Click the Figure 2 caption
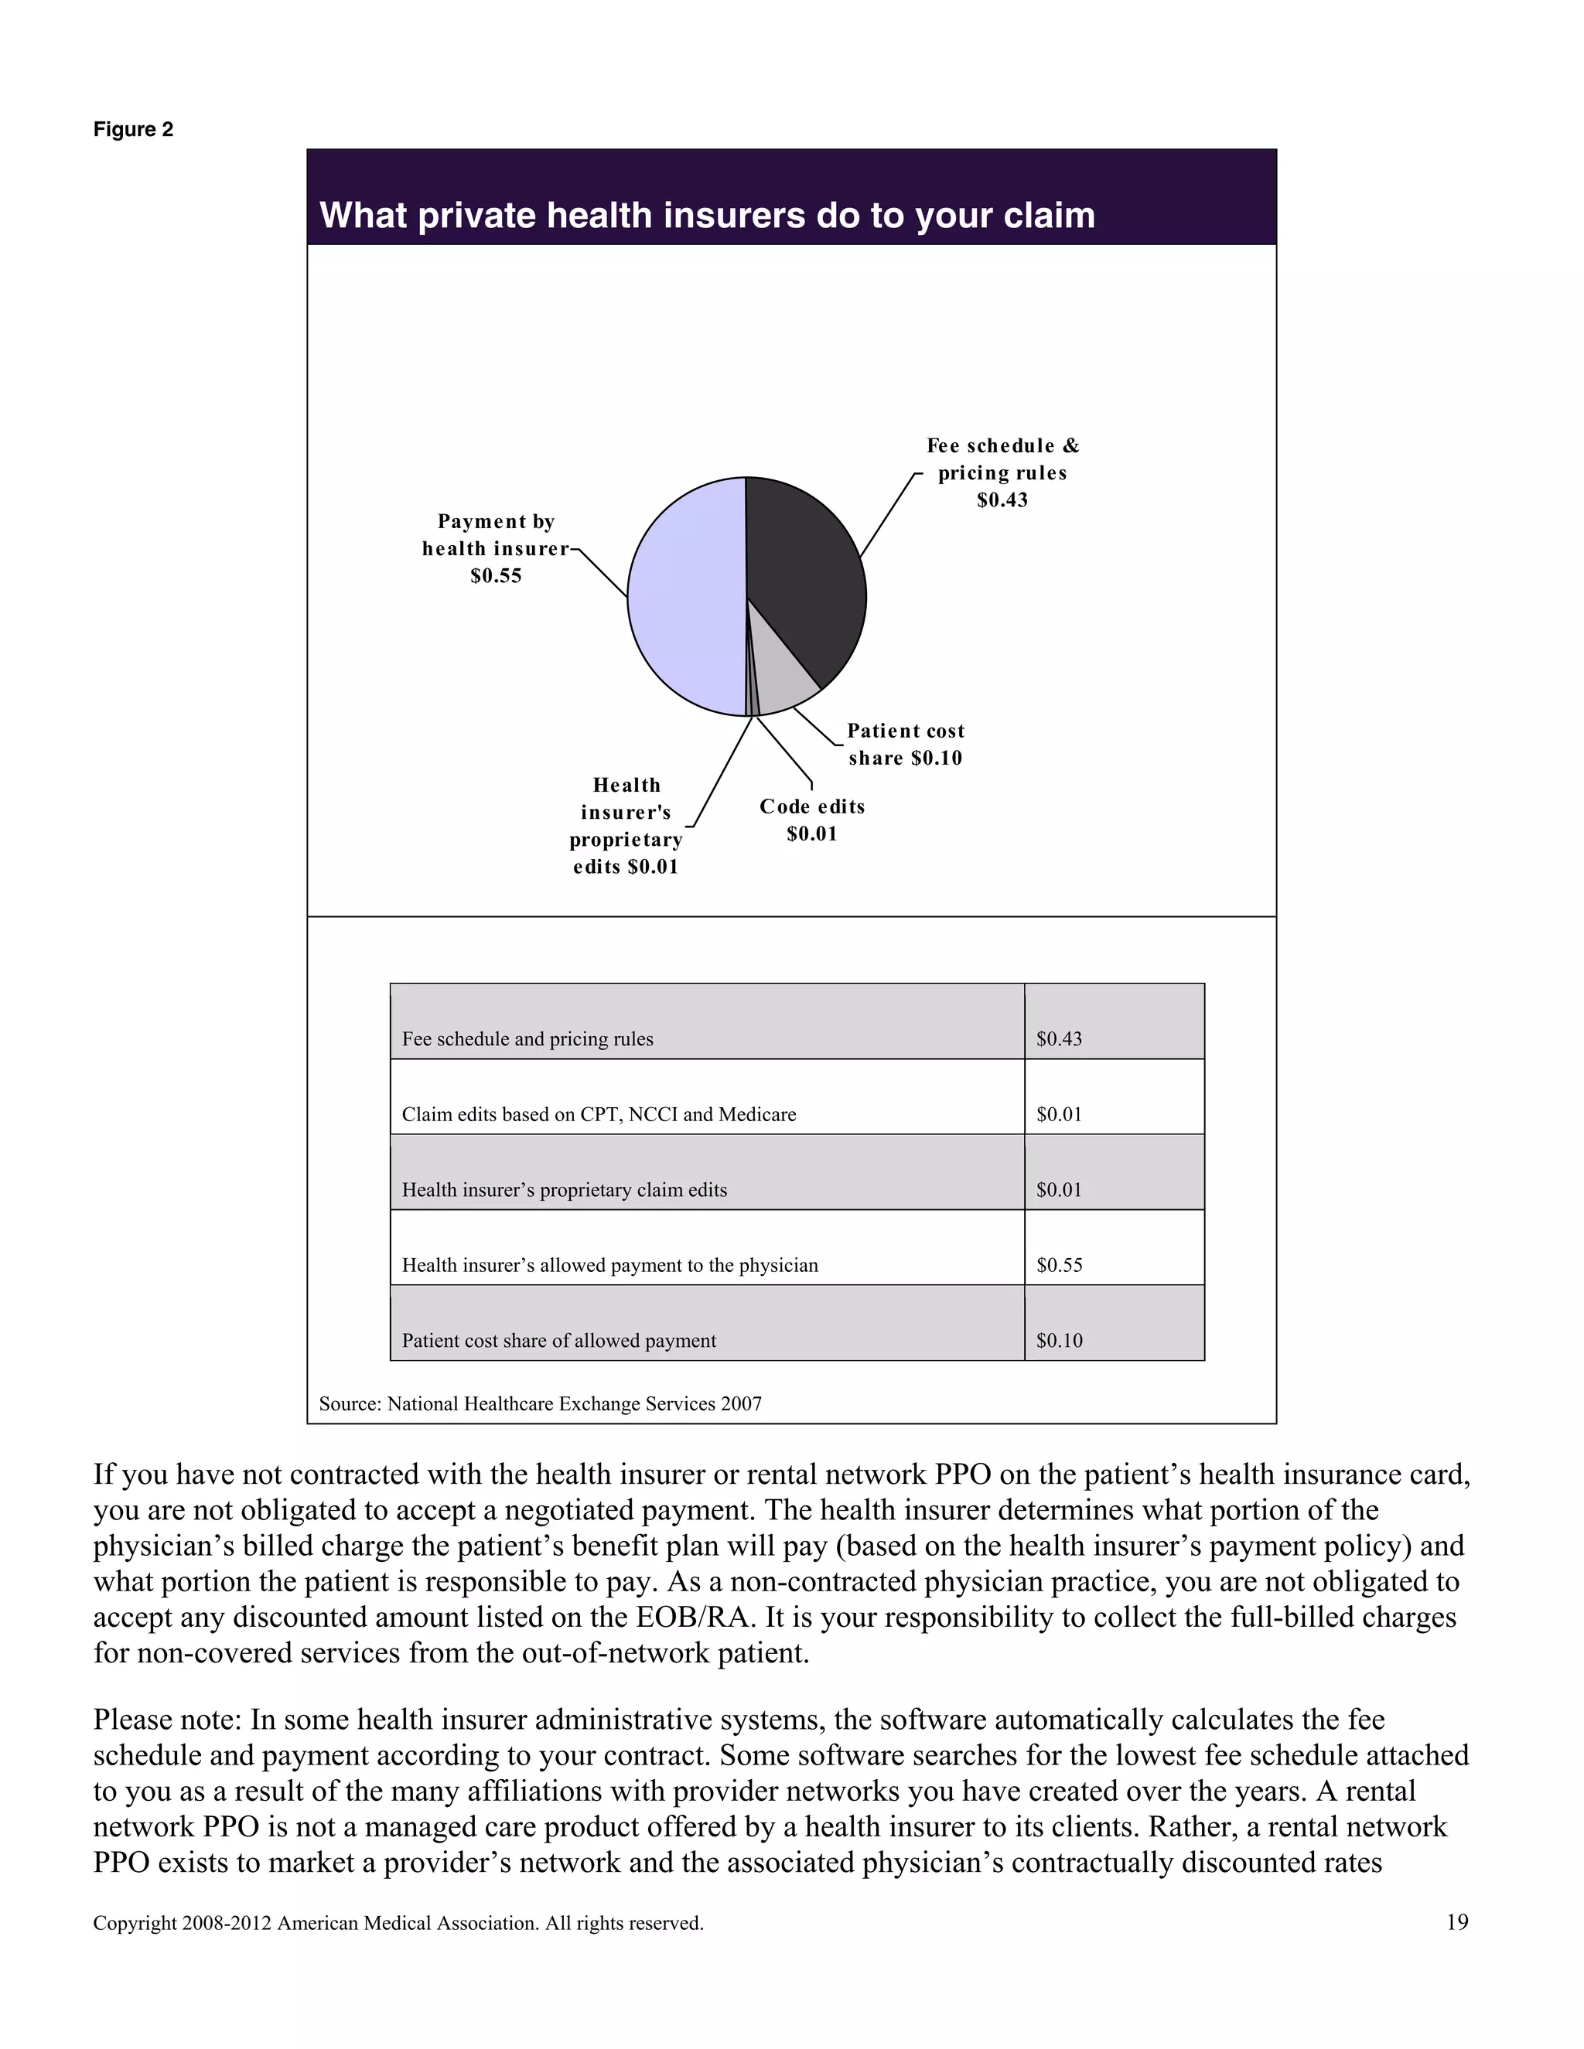pyautogui.click(x=133, y=129)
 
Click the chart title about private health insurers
pyautogui.click(x=707, y=216)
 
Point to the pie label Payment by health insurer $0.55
pyautogui.click(x=496, y=548)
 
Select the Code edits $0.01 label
pyautogui.click(x=811, y=820)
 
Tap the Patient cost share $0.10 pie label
pyautogui.click(x=906, y=744)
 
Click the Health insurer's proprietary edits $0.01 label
pyautogui.click(x=626, y=826)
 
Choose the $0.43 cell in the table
pyautogui.click(x=1059, y=1038)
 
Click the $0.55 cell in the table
pyautogui.click(x=1059, y=1265)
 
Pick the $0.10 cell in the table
pyautogui.click(x=1059, y=1341)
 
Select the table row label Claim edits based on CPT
pyautogui.click(x=599, y=1114)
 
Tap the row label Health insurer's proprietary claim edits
pyautogui.click(x=564, y=1190)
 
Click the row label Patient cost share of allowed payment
pyautogui.click(x=558, y=1341)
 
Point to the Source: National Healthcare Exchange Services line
pyautogui.click(x=540, y=1403)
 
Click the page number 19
pyautogui.click(x=1456, y=1922)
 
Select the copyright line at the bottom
pyautogui.click(x=398, y=1923)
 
